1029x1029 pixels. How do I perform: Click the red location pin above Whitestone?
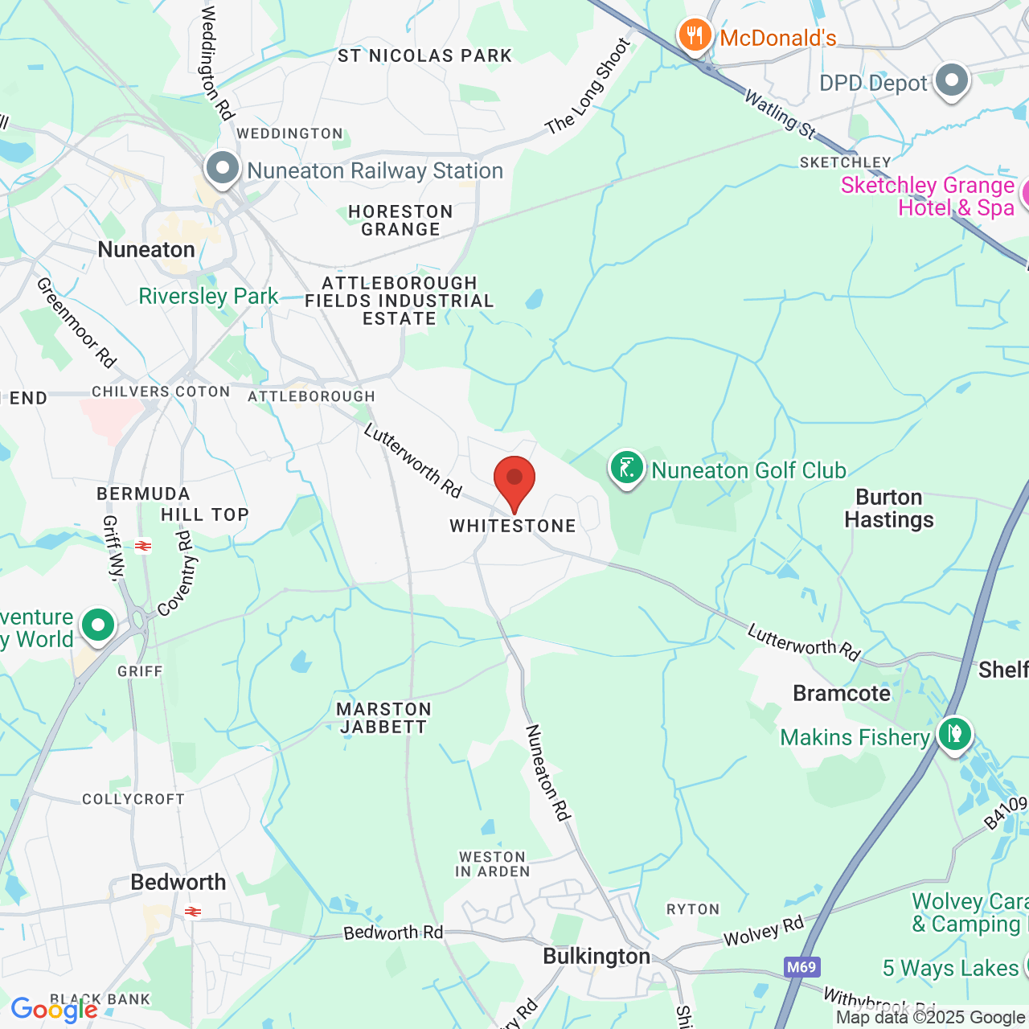[x=514, y=479]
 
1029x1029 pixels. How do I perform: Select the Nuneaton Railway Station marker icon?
[x=223, y=169]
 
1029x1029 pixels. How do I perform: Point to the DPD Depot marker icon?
[x=953, y=81]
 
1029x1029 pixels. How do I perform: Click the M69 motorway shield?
[x=801, y=967]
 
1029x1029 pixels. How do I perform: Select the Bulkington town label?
[x=596, y=956]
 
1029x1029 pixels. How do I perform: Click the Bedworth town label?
[x=178, y=882]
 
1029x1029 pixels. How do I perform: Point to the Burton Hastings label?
[x=889, y=508]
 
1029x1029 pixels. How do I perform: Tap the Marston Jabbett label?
[x=383, y=718]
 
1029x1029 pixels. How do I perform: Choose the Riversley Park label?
[x=208, y=296]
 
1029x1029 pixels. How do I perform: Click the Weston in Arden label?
[x=492, y=864]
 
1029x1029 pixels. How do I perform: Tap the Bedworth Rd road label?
[x=393, y=933]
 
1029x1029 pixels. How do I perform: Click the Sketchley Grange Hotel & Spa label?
[x=928, y=196]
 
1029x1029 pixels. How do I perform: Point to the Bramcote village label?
[x=842, y=693]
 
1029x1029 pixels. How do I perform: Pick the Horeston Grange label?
[x=400, y=220]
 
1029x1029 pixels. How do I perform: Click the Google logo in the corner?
[x=54, y=1010]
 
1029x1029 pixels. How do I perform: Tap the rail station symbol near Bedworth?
[x=192, y=912]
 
